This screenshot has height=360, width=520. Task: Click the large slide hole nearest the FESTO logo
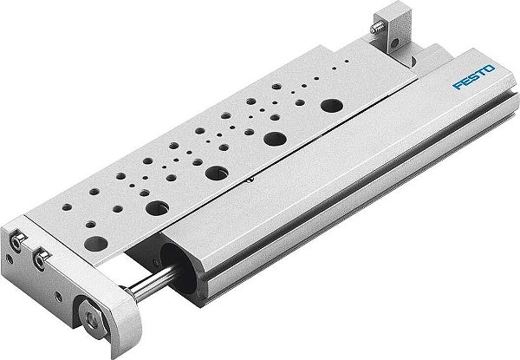pos(330,105)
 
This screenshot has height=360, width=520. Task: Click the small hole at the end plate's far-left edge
pos(7,258)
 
